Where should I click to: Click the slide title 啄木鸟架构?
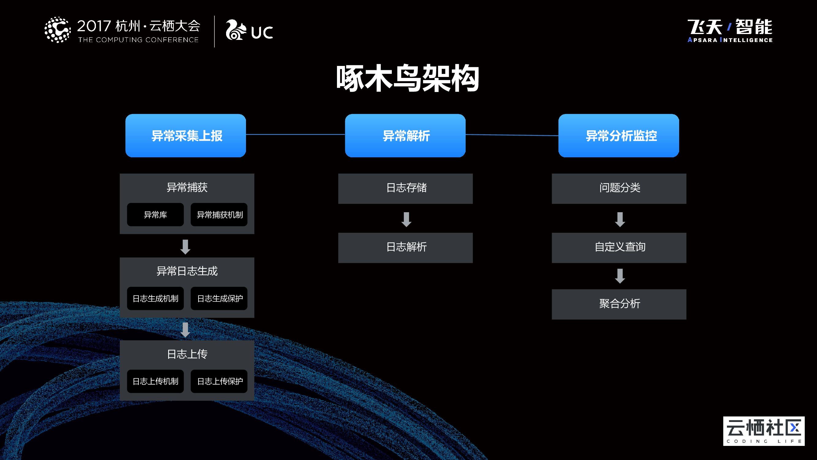(x=407, y=78)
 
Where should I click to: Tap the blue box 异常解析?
(x=405, y=136)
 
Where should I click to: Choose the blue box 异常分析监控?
(x=618, y=136)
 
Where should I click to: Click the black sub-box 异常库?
(x=155, y=215)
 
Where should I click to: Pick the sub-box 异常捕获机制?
(x=219, y=215)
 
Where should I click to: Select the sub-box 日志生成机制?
(x=155, y=298)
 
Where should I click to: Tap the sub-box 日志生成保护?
(x=219, y=298)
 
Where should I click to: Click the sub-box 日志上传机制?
(x=155, y=381)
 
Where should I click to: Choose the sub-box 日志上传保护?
(x=219, y=381)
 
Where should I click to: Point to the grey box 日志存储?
(x=405, y=188)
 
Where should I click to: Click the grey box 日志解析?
(x=405, y=247)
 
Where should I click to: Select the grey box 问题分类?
(x=619, y=188)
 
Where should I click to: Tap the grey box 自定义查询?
(x=619, y=247)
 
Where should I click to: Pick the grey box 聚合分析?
(x=619, y=304)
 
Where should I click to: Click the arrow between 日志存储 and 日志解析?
(x=406, y=219)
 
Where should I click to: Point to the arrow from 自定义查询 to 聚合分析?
(x=620, y=276)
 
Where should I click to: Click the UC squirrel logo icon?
(x=236, y=30)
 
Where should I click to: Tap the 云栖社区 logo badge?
(x=764, y=431)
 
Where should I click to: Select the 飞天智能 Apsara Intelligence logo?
(x=730, y=31)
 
